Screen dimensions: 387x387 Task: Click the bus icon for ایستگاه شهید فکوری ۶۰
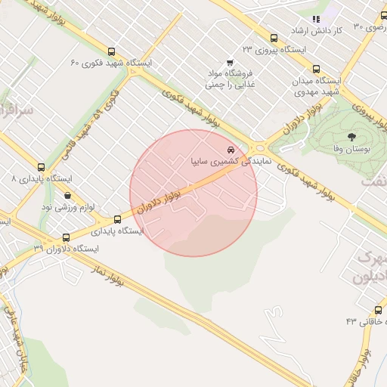click(x=112, y=52)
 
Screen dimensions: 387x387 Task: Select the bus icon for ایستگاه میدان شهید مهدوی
click(x=316, y=69)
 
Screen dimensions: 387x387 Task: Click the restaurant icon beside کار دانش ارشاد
click(x=316, y=18)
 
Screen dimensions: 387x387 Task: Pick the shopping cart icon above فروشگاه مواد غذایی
click(x=230, y=63)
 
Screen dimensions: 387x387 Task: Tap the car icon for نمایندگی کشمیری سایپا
click(x=231, y=150)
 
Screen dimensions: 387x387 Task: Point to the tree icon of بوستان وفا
click(x=351, y=137)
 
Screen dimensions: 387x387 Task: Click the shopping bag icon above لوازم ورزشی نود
click(x=68, y=195)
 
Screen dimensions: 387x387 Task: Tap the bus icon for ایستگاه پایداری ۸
click(x=41, y=167)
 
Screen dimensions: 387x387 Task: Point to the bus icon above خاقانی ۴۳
click(x=378, y=309)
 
